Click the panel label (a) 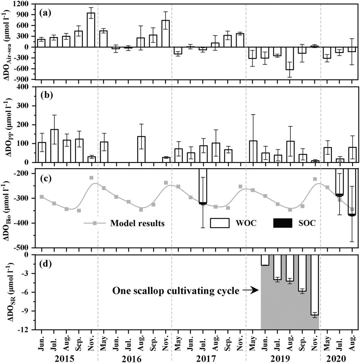pos(46,13)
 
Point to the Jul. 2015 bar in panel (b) pos(54,146)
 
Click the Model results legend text pos(137,223)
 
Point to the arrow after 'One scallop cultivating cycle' pos(250,291)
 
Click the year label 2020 pos(339,356)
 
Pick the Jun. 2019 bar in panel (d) pos(265,260)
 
